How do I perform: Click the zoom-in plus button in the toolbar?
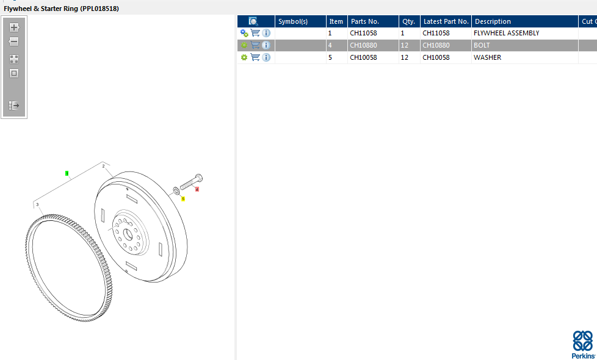[x=14, y=27]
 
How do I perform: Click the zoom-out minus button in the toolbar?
[x=14, y=41]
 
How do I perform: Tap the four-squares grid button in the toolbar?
[x=14, y=59]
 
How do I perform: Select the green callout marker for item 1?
[x=67, y=173]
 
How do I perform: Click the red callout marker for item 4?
[x=197, y=189]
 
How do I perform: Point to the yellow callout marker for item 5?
[x=183, y=199]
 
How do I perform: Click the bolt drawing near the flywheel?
[x=191, y=182]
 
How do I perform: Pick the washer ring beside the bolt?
[x=176, y=190]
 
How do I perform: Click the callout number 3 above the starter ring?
[x=37, y=205]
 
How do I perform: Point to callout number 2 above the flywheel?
[x=103, y=166]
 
